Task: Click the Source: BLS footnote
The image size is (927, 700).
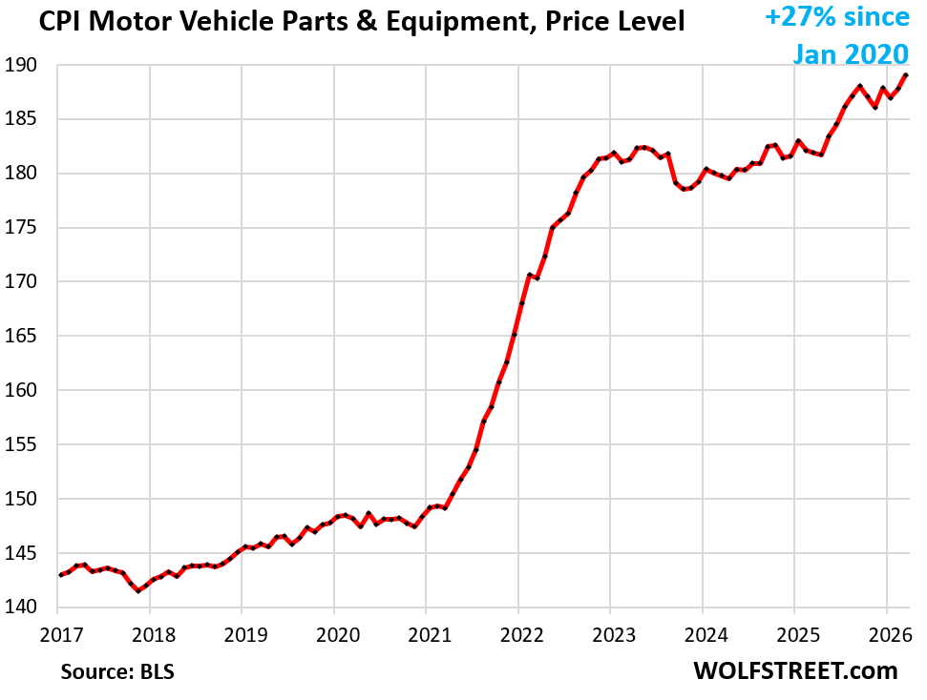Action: pyautogui.click(x=117, y=671)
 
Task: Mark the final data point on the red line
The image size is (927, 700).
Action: pyautogui.click(x=905, y=75)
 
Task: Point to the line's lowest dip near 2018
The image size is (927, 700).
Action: pyautogui.click(x=138, y=590)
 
